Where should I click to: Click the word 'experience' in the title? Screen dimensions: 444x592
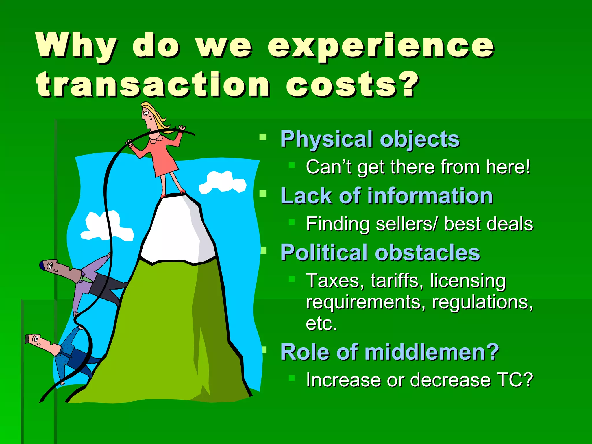(x=381, y=46)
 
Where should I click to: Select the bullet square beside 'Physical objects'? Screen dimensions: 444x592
(x=263, y=137)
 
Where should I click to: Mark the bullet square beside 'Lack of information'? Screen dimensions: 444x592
(x=263, y=193)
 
